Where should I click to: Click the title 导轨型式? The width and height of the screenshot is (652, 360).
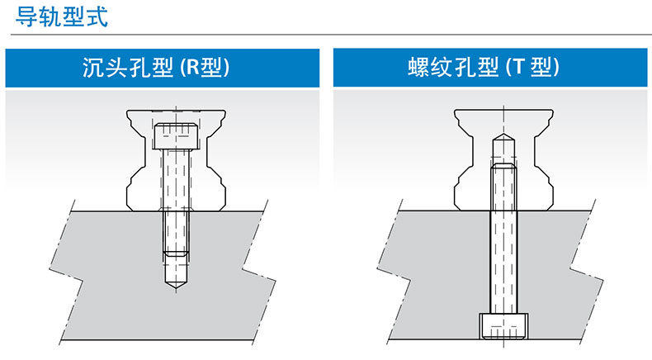62,17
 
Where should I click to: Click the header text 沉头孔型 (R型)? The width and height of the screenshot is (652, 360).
156,68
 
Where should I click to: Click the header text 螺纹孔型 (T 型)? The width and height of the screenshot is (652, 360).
484,68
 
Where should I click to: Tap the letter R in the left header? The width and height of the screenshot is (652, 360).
191,68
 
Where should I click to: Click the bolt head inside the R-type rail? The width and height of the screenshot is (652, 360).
176,136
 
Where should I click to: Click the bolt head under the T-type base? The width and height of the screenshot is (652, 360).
503,326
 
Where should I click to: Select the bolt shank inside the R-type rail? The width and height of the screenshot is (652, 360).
176,179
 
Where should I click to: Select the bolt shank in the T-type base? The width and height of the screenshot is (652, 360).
503,263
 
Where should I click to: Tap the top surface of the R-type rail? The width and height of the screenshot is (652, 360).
176,111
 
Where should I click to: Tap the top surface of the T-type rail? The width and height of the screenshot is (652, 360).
503,111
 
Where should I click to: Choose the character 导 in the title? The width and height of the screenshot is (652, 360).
26,17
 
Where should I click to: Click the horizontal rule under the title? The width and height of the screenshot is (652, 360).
331,35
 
